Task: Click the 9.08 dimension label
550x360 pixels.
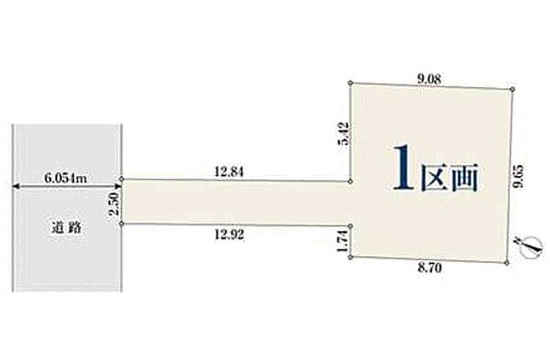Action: tap(429, 79)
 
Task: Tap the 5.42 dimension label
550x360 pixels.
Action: tap(344, 133)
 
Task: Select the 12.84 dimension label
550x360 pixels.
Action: tap(230, 172)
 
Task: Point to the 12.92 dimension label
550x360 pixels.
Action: tap(230, 234)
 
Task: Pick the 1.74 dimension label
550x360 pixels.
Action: tap(342, 241)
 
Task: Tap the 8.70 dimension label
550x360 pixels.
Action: tap(430, 268)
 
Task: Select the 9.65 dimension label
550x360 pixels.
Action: tap(519, 177)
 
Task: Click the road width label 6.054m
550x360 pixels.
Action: tap(65, 178)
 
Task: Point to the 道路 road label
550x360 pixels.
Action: tap(67, 228)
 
